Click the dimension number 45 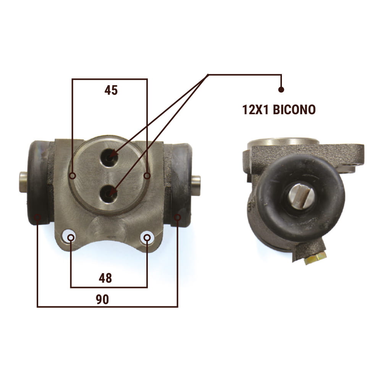coord(111,90)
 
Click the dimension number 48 coord(105,278)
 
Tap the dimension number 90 coord(102,299)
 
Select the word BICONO coord(294,110)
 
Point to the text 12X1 coord(256,110)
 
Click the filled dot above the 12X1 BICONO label coord(281,90)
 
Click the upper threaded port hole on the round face coord(109,157)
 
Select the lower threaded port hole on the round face coord(108,194)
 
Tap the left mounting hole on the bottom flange coord(69,236)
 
